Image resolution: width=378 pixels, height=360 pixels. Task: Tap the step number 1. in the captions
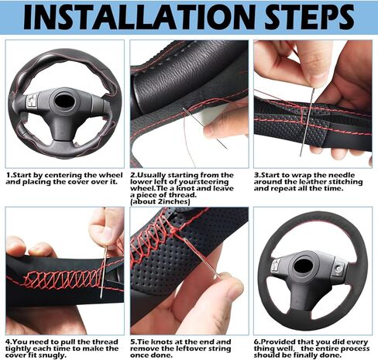tap(10, 174)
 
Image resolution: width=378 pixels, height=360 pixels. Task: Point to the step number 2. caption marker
tap(133, 174)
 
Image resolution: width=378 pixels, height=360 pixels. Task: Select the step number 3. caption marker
tap(258, 174)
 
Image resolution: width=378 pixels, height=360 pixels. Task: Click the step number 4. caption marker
tap(9, 341)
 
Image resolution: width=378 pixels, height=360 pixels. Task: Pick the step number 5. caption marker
tap(133, 341)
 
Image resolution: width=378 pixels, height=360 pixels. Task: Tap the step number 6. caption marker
tap(258, 341)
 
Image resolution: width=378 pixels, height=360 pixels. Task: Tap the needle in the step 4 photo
tap(103, 267)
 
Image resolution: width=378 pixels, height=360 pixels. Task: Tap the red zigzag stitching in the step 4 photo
tap(62, 277)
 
